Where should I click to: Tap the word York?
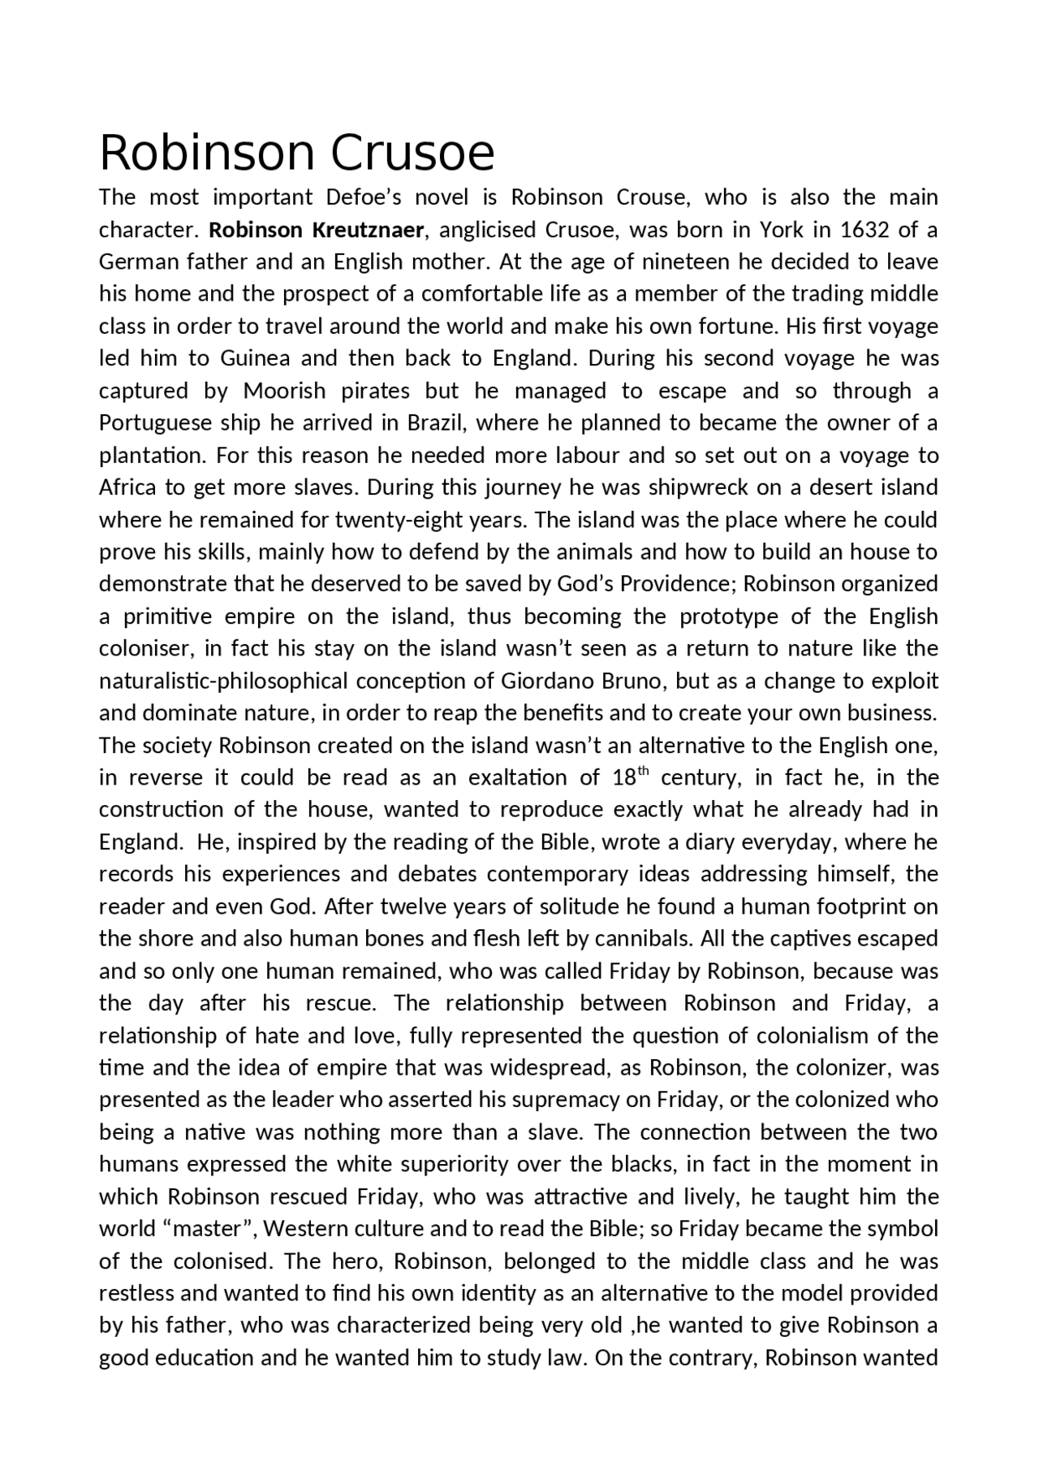782,230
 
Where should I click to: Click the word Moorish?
284,391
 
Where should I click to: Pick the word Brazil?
437,423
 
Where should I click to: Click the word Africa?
128,487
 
